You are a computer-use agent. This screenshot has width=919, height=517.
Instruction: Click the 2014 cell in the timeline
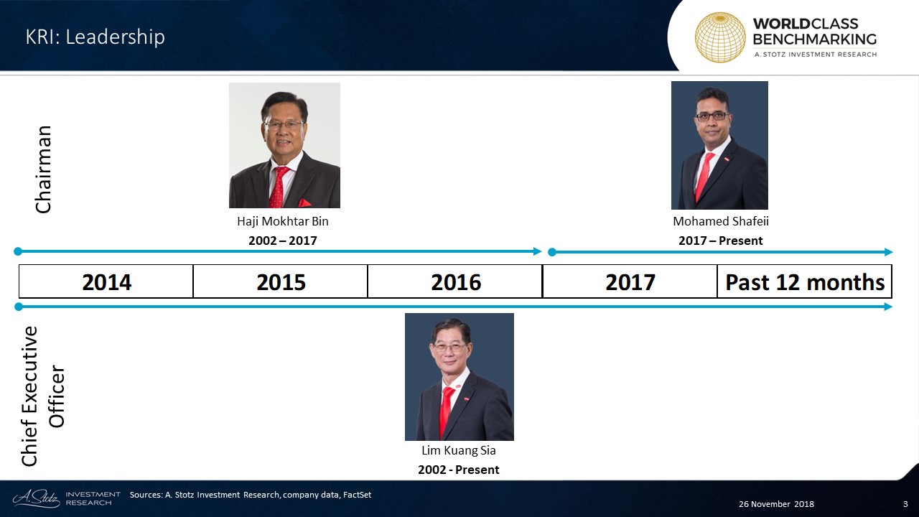106,281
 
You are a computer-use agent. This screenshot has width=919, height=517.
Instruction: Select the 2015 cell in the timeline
281,281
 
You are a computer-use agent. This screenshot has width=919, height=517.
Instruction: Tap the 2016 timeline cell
455,281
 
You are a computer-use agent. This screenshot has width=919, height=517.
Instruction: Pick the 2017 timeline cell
630,281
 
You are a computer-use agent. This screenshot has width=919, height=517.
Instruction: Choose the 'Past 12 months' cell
805,281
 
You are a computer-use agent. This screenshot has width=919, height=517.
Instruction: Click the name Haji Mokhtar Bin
283,222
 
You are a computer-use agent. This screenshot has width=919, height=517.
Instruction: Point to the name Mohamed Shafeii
720,222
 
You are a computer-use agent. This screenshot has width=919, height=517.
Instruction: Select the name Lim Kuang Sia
459,450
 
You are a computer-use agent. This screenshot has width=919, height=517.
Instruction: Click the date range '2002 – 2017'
283,241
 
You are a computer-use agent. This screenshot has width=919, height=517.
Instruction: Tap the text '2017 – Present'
720,241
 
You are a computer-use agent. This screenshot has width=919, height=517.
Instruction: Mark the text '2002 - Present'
459,470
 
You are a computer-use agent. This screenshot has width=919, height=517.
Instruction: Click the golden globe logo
720,37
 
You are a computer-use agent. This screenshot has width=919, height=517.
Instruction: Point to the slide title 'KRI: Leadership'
95,37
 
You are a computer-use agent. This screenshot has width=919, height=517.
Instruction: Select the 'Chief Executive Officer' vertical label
43,396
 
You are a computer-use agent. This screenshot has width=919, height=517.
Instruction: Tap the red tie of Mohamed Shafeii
704,177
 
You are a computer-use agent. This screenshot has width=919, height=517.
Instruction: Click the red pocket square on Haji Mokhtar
304,202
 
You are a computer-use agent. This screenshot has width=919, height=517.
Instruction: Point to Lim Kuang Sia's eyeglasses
449,348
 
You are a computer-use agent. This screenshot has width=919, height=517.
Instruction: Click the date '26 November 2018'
776,504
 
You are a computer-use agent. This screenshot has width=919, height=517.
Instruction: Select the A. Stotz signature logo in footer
36,498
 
